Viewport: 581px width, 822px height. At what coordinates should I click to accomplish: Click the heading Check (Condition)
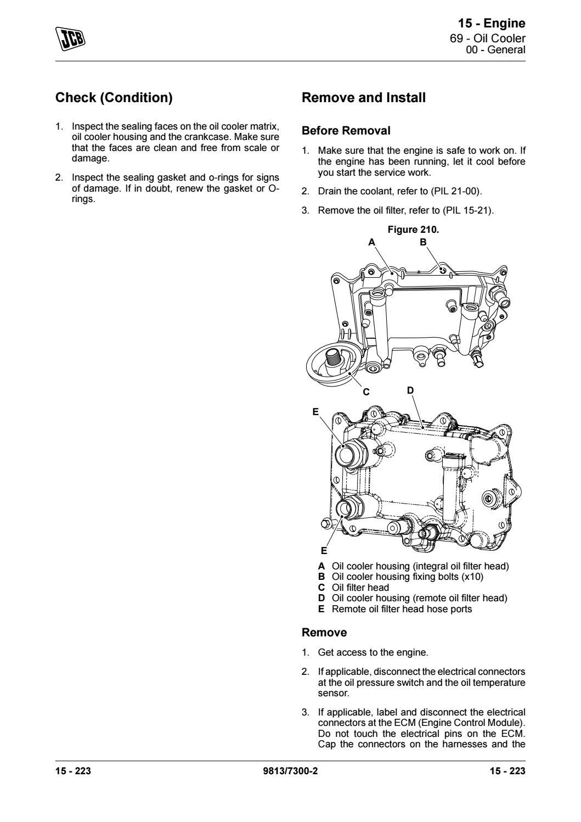pos(114,98)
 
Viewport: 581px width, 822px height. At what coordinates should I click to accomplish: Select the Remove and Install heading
pos(364,98)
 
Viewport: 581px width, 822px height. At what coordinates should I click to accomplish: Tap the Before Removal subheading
pos(346,131)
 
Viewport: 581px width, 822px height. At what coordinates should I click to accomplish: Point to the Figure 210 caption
pos(413,230)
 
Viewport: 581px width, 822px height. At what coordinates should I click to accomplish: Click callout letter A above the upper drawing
pos(371,242)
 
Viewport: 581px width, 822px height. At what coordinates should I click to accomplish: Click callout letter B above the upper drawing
pos(423,242)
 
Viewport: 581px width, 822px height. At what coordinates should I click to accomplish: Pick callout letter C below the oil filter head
pos(366,392)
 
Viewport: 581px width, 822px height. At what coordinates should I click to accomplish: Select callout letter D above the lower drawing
pos(410,390)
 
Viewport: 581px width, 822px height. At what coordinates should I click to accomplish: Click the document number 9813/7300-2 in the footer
pos(290,771)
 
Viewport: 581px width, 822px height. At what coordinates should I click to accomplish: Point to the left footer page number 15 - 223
pos(73,771)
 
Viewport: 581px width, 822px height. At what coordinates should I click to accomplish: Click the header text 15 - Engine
pos(492,23)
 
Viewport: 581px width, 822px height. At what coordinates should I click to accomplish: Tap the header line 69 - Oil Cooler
pos(487,38)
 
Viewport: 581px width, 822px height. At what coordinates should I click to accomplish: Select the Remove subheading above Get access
pos(324,633)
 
